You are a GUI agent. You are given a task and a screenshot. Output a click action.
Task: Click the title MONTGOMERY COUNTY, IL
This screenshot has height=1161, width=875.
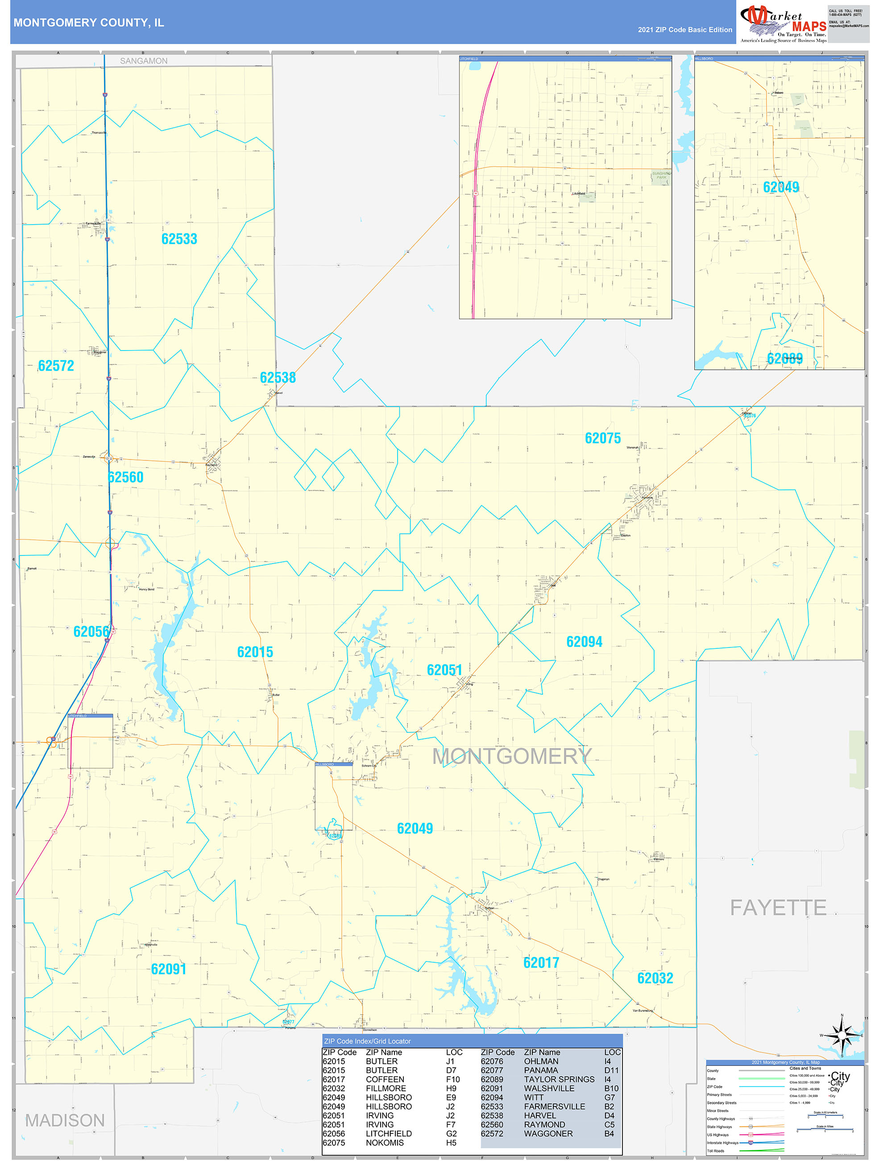pyautogui.click(x=89, y=23)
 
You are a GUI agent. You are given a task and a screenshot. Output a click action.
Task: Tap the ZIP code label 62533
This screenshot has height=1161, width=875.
pyautogui.click(x=179, y=239)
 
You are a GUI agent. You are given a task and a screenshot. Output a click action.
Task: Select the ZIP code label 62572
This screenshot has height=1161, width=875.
pyautogui.click(x=56, y=366)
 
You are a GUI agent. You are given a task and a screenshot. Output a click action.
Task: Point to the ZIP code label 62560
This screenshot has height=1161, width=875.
pyautogui.click(x=125, y=477)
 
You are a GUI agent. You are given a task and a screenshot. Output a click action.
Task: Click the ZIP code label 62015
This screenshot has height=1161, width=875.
pyautogui.click(x=255, y=652)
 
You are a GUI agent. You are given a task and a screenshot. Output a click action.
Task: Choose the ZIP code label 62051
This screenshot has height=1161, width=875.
pyautogui.click(x=444, y=670)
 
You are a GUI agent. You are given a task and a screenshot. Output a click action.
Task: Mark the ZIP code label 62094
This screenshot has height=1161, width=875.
pyautogui.click(x=585, y=641)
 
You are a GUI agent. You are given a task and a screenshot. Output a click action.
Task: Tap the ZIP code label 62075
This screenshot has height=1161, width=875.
pyautogui.click(x=603, y=438)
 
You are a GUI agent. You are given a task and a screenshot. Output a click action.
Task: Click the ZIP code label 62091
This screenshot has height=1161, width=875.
pyautogui.click(x=168, y=969)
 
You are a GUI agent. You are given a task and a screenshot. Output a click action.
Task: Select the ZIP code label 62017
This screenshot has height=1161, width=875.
pyautogui.click(x=541, y=963)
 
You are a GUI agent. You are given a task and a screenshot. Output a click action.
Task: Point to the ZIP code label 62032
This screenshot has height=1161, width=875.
pyautogui.click(x=655, y=978)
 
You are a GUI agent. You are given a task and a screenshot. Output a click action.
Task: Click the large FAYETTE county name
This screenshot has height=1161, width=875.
pyautogui.click(x=778, y=907)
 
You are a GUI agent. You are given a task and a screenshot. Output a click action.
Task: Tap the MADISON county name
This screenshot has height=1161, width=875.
pyautogui.click(x=65, y=1120)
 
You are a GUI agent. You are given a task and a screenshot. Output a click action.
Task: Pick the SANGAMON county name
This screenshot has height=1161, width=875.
pyautogui.click(x=144, y=61)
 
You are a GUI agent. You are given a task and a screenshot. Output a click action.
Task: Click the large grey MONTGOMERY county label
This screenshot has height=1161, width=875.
pyautogui.click(x=511, y=756)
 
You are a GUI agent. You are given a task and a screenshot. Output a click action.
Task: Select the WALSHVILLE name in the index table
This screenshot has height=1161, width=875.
pyautogui.click(x=549, y=1088)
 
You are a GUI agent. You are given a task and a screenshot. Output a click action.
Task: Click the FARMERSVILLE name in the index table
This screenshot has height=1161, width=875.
pyautogui.click(x=555, y=1106)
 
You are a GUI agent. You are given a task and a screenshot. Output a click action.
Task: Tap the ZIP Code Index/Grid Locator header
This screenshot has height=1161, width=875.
pyautogui.click(x=367, y=1041)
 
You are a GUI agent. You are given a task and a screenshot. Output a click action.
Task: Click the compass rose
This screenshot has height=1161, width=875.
pyautogui.click(x=842, y=1035)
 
